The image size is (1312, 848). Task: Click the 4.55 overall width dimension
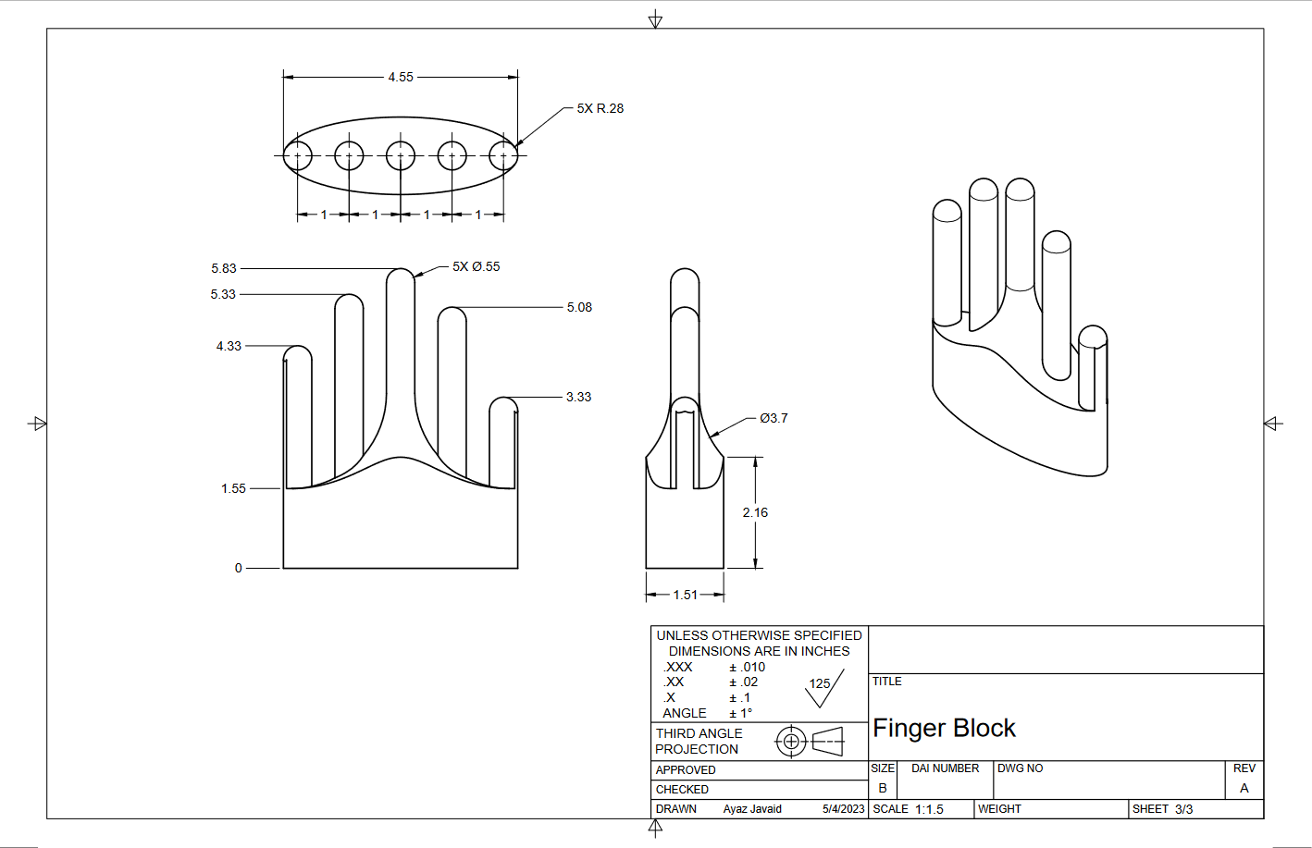point(401,77)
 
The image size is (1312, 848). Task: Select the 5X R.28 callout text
point(600,108)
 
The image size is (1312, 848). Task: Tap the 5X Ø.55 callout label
point(476,266)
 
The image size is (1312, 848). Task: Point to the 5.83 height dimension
point(224,268)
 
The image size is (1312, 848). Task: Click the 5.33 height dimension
point(223,294)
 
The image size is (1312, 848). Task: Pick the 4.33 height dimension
point(229,346)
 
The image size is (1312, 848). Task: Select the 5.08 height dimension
point(579,307)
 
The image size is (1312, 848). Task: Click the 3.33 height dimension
point(578,397)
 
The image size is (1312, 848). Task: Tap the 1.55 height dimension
point(233,488)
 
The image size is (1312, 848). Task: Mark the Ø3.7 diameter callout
point(774,418)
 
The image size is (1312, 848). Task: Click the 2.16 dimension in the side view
point(755,512)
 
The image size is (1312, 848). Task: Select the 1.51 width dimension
point(685,595)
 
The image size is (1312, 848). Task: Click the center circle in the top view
point(401,155)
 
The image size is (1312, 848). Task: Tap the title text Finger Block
point(944,729)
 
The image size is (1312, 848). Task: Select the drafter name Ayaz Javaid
point(752,809)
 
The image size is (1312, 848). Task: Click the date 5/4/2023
point(843,809)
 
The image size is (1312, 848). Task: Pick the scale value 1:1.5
point(929,809)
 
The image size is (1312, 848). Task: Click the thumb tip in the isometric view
point(1093,338)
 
